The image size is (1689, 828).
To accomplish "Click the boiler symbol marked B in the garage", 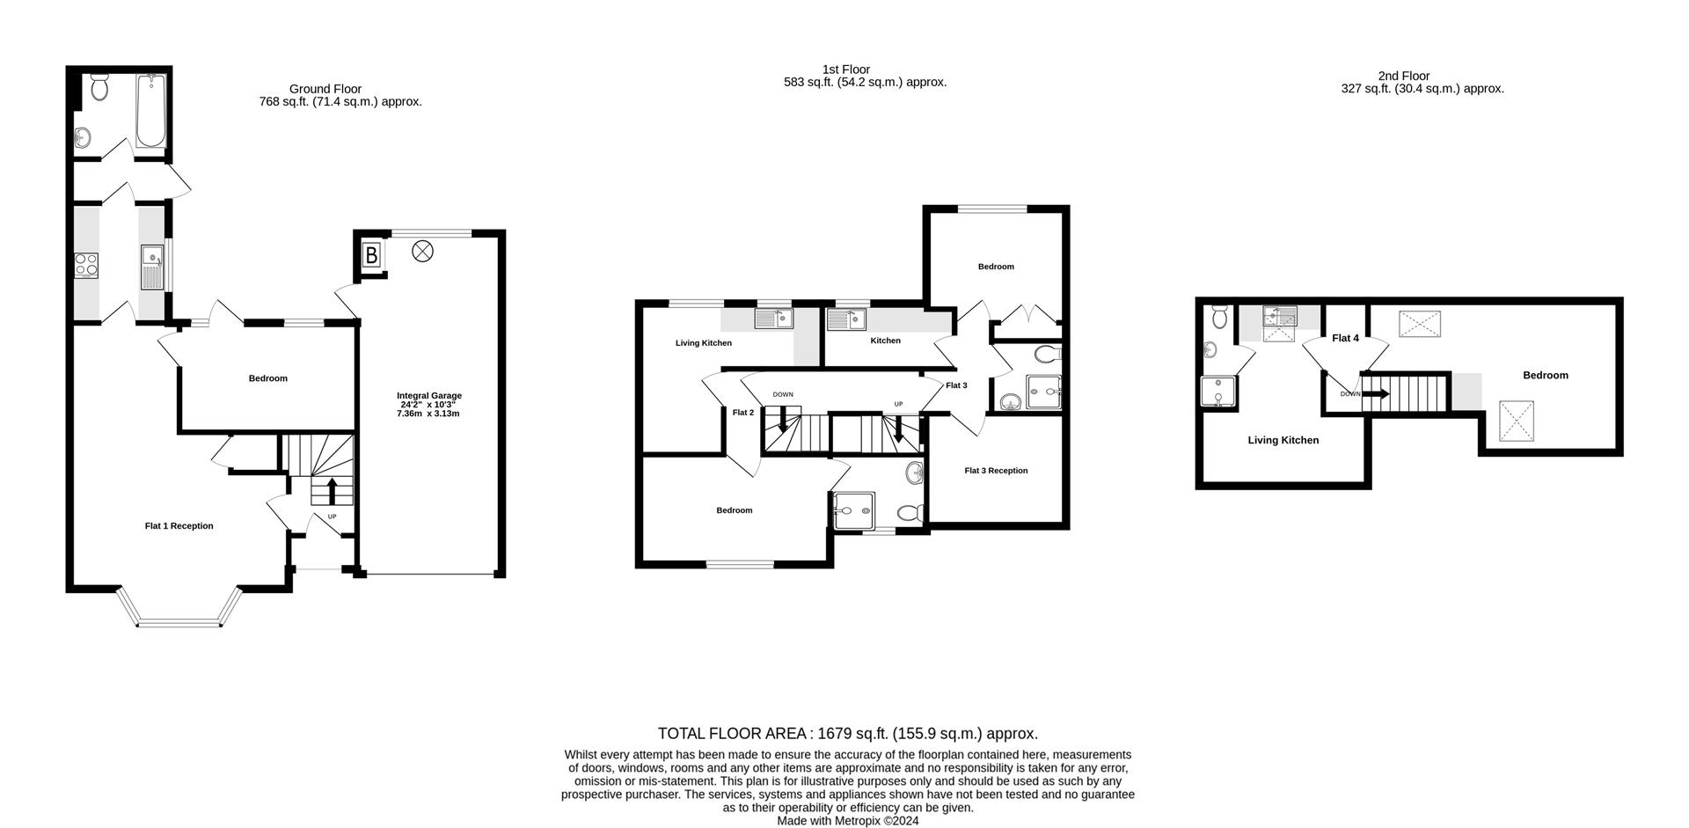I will pos(371,256).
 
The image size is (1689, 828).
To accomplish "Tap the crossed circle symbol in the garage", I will pos(423,252).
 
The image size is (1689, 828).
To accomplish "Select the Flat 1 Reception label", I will pos(179,526).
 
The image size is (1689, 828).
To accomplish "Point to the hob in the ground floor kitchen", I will pos(85,265).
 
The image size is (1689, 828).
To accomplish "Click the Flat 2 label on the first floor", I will pos(743,413).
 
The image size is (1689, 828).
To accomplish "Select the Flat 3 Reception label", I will pos(996,471).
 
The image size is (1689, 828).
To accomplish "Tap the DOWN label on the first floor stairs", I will pos(783,394).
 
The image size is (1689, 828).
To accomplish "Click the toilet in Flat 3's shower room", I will pos(1047,354).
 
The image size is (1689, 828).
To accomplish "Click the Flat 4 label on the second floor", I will pos(1345,338).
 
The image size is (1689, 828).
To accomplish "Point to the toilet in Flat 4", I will pos(1219,315).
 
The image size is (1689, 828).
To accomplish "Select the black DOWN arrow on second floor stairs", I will pos(1375,394).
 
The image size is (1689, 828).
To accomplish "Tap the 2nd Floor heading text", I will pos(1404,77).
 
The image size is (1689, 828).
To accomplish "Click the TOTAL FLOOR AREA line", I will pos(847,733).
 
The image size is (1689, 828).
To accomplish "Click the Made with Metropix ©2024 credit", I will pos(847,820).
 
